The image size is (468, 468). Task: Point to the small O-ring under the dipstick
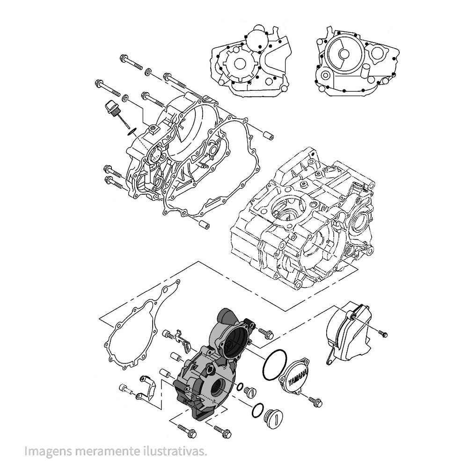pos(132,131)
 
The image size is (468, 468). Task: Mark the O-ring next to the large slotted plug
pos(257,410)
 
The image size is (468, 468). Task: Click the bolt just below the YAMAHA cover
pos(314,401)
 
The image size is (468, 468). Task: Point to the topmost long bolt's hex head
pos(125,59)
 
